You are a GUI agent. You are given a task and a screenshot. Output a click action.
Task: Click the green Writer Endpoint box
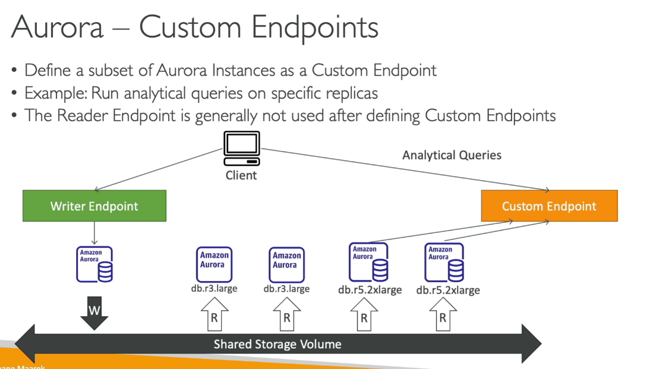[94, 206]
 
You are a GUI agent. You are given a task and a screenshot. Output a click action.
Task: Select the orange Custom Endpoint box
[549, 206]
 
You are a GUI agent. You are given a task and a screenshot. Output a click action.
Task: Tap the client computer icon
[241, 149]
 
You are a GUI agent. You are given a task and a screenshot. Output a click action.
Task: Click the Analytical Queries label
[452, 155]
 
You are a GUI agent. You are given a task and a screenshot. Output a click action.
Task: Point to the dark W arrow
[94, 313]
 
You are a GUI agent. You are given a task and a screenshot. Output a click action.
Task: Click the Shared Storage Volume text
[277, 344]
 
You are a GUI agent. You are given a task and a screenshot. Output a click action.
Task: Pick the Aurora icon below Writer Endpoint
[94, 264]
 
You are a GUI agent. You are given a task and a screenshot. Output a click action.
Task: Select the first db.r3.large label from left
[214, 289]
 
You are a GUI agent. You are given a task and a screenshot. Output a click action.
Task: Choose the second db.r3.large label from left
[286, 289]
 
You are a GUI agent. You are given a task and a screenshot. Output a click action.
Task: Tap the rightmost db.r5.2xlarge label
[448, 290]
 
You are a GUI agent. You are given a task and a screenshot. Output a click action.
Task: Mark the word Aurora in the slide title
[56, 28]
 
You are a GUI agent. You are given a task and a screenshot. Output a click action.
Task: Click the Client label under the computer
[241, 175]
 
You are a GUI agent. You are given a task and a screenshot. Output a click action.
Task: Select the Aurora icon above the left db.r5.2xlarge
[368, 262]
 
